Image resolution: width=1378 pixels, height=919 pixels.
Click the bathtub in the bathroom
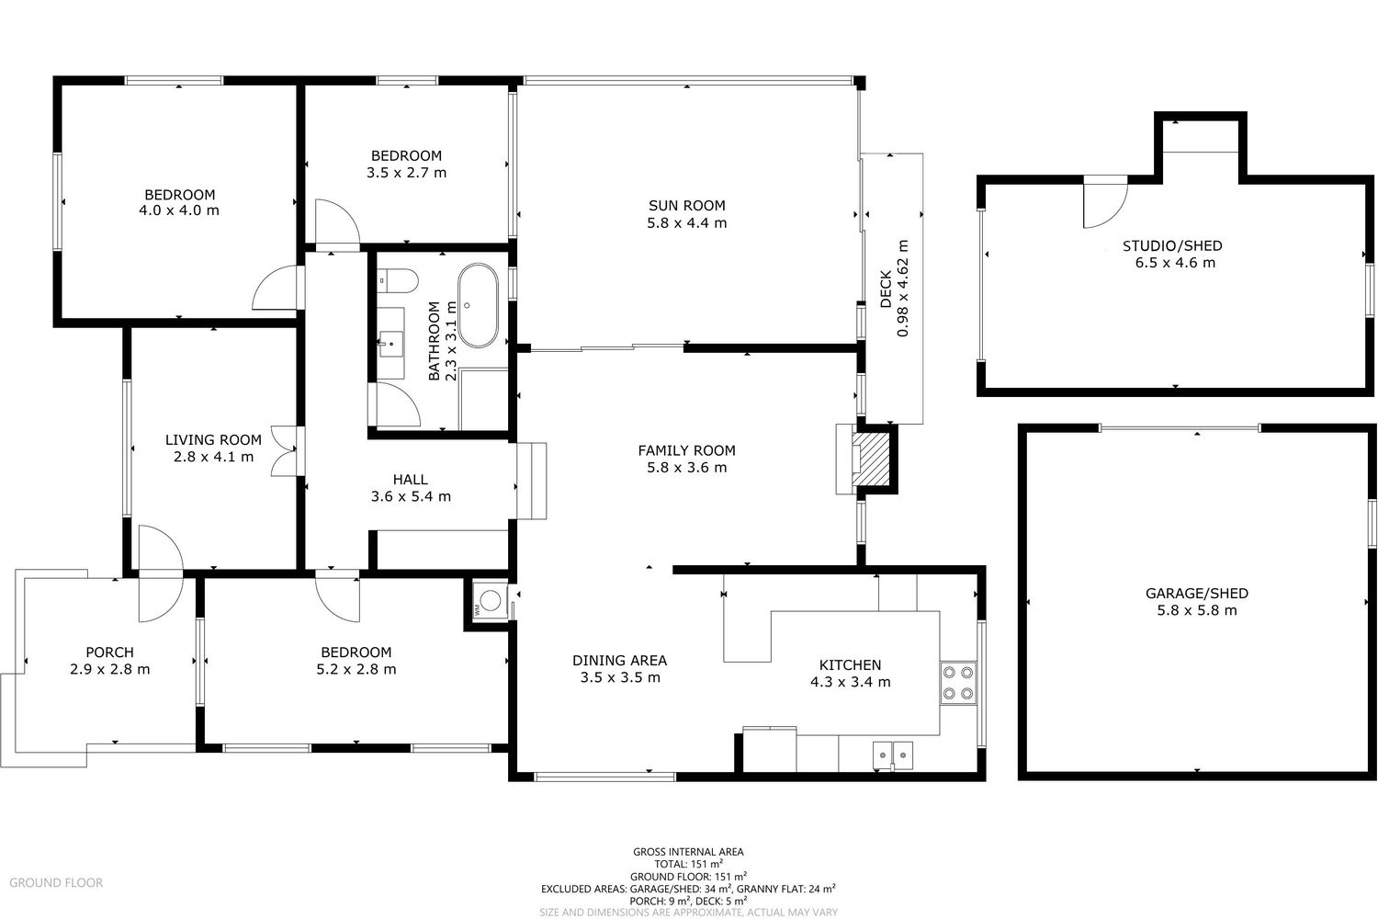(x=478, y=305)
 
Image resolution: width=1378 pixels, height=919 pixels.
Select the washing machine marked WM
(x=490, y=601)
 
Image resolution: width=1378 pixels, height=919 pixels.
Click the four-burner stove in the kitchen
(x=958, y=683)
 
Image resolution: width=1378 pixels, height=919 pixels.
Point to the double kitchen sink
(x=893, y=755)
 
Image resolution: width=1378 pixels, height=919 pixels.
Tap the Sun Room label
(x=686, y=206)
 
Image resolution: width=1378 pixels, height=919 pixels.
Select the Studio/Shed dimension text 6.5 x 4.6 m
(x=1175, y=263)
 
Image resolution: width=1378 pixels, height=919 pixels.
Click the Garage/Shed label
(x=1196, y=594)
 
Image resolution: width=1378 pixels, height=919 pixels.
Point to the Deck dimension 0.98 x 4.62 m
(x=902, y=288)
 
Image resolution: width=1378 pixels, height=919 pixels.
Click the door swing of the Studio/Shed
(x=1105, y=201)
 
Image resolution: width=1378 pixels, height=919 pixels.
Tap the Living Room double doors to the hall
(x=284, y=451)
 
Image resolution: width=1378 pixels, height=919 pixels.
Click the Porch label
(x=109, y=652)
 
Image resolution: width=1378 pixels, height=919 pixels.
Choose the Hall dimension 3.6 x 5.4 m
(x=411, y=496)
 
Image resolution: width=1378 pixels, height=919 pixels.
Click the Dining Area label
(x=619, y=661)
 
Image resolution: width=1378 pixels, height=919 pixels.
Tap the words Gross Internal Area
(x=688, y=852)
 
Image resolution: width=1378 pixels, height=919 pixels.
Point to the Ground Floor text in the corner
(x=56, y=882)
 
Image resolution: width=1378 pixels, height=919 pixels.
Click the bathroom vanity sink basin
(x=390, y=344)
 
